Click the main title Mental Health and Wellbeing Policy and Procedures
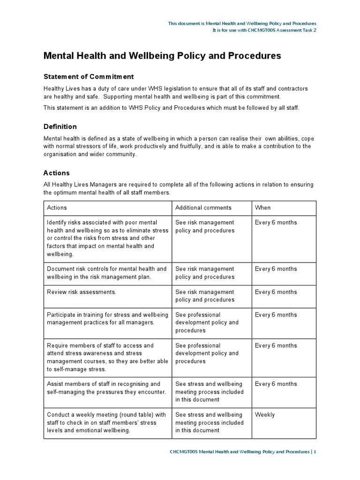(x=162, y=56)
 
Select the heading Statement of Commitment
(x=89, y=76)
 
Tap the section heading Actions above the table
(x=56, y=173)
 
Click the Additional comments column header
(x=203, y=208)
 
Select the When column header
(x=262, y=208)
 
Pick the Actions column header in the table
(x=57, y=208)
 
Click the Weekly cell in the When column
(x=265, y=415)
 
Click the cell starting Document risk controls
(x=106, y=273)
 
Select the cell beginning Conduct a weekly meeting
(x=106, y=422)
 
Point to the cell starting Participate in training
(x=106, y=319)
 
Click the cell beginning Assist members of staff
(x=106, y=388)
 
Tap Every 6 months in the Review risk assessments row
(x=276, y=292)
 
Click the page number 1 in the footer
(x=315, y=452)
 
